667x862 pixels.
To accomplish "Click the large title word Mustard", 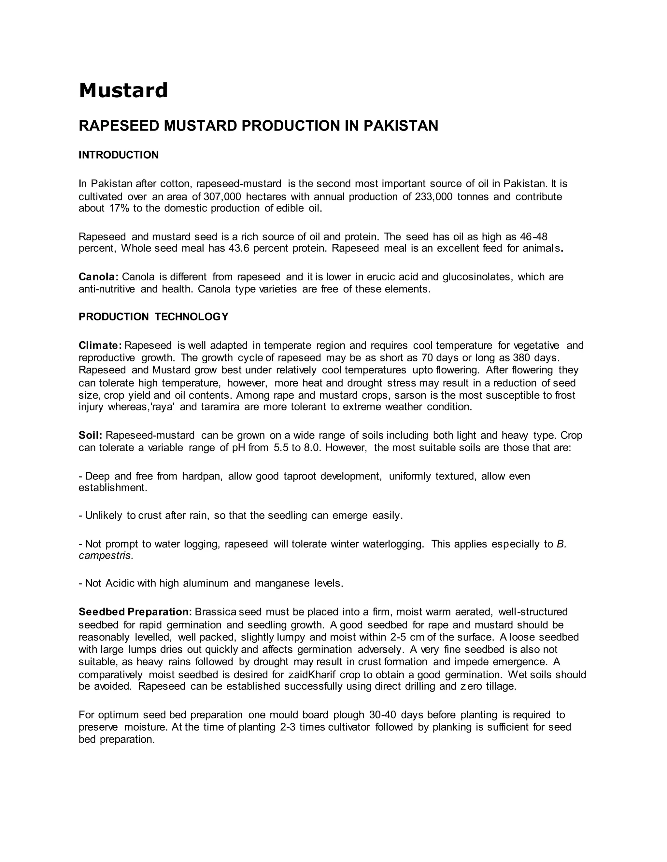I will (123, 91).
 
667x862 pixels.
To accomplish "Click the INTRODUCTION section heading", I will (119, 155).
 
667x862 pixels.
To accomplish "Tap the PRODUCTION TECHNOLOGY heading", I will (153, 317).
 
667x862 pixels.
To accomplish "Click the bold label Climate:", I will (100, 346).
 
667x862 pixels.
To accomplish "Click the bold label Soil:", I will (91, 436).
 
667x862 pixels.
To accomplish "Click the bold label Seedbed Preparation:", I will (135, 612).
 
